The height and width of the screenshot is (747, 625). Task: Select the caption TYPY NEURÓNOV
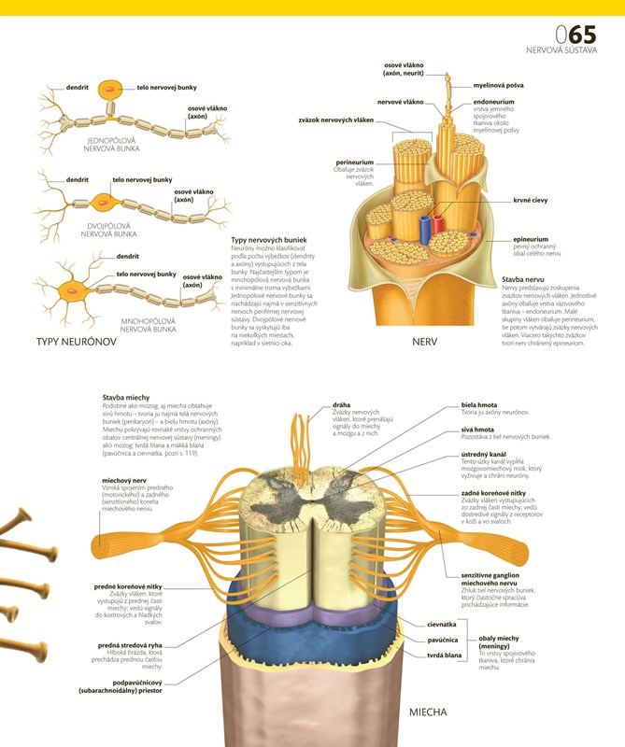(76, 342)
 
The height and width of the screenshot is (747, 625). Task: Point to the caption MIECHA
(429, 712)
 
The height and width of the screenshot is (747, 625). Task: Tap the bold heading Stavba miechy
(126, 397)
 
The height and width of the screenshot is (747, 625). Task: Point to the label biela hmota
(479, 404)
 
